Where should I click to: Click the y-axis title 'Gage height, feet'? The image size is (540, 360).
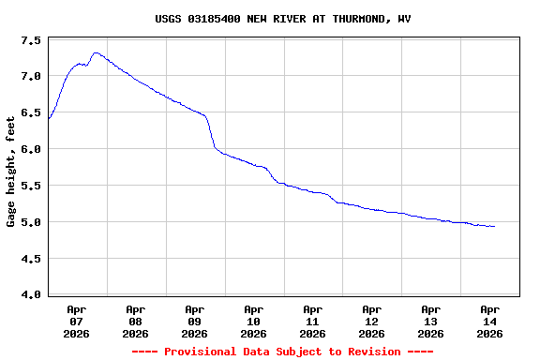11,172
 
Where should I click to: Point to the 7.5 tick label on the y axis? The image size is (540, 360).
30,41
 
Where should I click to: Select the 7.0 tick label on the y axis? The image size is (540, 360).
30,76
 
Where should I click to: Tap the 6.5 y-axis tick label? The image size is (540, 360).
30,112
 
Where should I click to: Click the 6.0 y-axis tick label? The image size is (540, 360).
30,149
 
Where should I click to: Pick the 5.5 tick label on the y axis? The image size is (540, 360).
30,186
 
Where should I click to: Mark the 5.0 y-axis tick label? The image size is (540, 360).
30,222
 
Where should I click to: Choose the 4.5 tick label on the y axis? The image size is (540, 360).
30,259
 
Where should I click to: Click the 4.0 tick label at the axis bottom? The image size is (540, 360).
30,295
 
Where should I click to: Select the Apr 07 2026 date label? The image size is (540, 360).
77,321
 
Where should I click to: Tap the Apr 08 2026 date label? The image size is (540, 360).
136,321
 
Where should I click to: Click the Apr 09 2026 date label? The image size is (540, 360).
195,321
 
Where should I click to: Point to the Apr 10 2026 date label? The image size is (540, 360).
254,321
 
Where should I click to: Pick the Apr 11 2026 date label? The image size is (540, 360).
313,321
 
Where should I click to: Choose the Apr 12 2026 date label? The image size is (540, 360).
372,321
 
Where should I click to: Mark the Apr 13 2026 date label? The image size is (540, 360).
431,321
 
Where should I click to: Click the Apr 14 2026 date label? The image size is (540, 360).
490,321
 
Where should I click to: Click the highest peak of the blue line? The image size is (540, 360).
96,52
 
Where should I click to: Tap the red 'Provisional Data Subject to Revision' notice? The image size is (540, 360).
282,352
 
